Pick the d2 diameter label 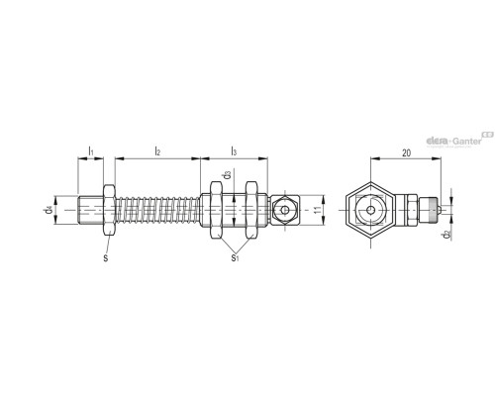(447, 235)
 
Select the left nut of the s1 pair (211, 211)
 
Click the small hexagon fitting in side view (286, 211)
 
